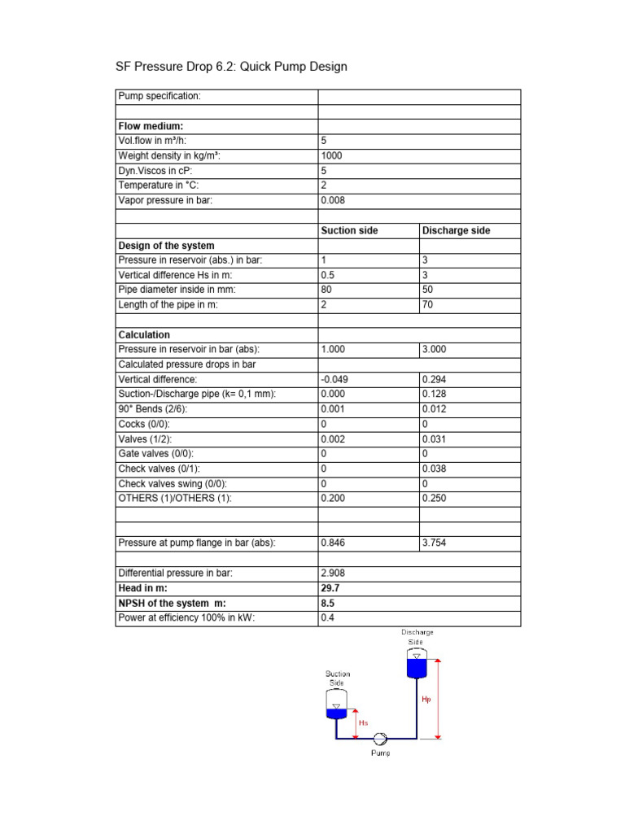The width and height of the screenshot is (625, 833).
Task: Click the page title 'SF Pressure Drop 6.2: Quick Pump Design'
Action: (x=233, y=67)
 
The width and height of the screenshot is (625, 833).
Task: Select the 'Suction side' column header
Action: (x=350, y=230)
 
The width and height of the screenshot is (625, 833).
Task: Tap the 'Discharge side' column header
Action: (x=456, y=230)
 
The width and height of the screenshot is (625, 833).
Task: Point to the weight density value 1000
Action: (x=332, y=155)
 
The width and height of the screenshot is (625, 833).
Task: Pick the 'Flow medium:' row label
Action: (x=151, y=126)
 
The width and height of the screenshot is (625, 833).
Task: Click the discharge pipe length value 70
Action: (x=428, y=304)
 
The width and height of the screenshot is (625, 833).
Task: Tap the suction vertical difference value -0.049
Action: (x=334, y=379)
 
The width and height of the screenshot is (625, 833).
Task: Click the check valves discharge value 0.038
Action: (x=435, y=468)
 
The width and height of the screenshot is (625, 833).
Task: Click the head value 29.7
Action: (x=331, y=587)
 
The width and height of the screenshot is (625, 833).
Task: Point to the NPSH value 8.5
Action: (x=328, y=603)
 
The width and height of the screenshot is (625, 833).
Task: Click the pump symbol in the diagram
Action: (x=379, y=738)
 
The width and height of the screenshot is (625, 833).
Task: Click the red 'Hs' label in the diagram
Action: (x=363, y=721)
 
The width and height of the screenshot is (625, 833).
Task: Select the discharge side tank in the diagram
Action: (x=417, y=665)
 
